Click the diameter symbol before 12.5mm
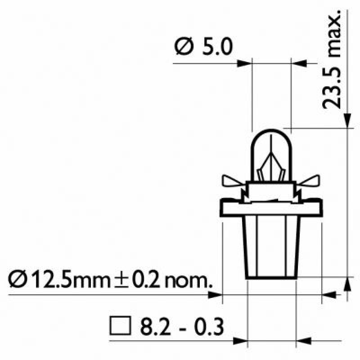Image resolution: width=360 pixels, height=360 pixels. [17, 279]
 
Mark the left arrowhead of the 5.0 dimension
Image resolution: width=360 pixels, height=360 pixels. [244, 63]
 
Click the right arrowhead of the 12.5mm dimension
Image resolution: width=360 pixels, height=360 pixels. [330, 295]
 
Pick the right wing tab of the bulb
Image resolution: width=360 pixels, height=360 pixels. [310, 181]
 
